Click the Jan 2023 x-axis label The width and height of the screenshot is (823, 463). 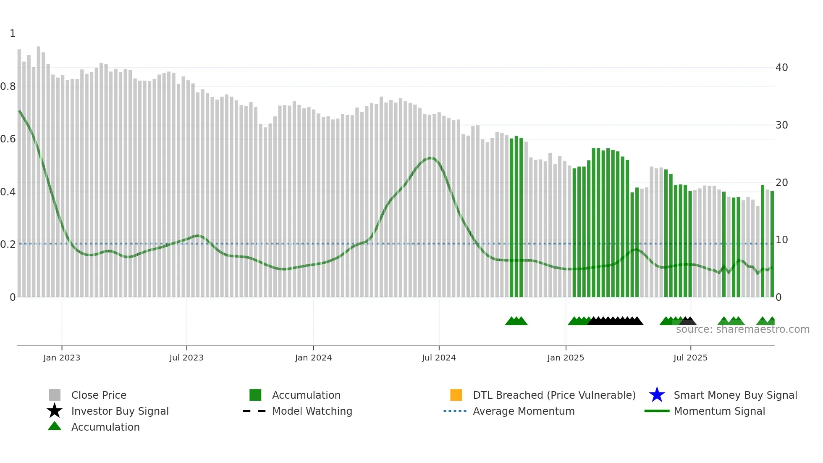tap(61, 358)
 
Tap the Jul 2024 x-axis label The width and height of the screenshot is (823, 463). tap(438, 358)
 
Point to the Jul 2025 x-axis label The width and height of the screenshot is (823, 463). tap(690, 358)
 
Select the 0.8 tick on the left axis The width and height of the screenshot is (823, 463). tap(8, 87)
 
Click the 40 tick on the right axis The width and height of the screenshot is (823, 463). tap(781, 68)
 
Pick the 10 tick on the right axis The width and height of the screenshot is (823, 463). tap(781, 240)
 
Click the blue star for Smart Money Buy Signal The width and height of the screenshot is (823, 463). tap(657, 395)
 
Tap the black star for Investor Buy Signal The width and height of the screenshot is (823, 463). tap(55, 411)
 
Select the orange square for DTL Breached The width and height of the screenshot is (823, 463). tap(456, 395)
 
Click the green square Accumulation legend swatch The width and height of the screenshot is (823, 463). tap(255, 395)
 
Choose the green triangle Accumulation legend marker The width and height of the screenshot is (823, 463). tap(55, 426)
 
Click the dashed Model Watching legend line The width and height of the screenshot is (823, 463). tap(254, 411)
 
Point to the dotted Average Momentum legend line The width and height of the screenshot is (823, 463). tap(455, 411)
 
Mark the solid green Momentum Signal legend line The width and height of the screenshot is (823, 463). tap(657, 411)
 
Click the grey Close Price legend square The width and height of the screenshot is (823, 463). tap(55, 395)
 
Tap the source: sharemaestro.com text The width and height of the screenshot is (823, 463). tap(742, 329)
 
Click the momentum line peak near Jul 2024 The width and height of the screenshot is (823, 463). tap(430, 158)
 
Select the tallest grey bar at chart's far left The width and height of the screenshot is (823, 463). tap(39, 168)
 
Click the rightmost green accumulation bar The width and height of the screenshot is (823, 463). tap(772, 244)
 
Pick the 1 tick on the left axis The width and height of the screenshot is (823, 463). tap(13, 34)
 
